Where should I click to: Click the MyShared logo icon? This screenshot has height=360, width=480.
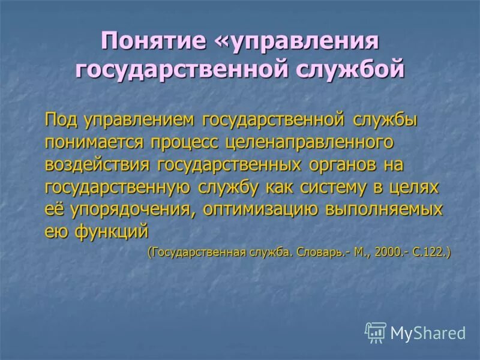[376, 332]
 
